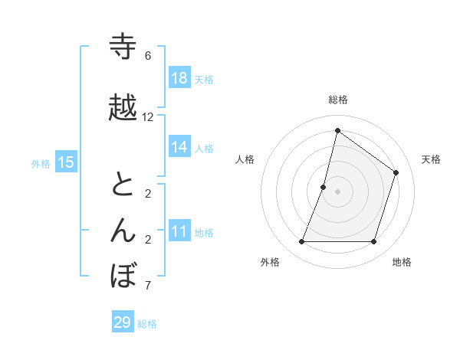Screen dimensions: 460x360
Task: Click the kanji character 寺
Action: pyautogui.click(x=123, y=47)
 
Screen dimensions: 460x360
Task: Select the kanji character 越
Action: pyautogui.click(x=123, y=108)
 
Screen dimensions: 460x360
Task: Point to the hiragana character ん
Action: pyautogui.click(x=123, y=231)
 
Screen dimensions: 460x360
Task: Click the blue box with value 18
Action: pyautogui.click(x=179, y=78)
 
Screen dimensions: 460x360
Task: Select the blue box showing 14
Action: pyautogui.click(x=179, y=147)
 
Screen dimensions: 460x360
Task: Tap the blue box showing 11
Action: pyautogui.click(x=179, y=231)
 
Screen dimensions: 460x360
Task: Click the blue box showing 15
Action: pyautogui.click(x=66, y=162)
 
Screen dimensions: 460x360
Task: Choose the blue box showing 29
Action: pyautogui.click(x=123, y=322)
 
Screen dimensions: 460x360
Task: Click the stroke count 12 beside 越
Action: pyautogui.click(x=148, y=117)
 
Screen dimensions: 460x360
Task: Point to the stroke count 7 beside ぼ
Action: pyautogui.click(x=148, y=286)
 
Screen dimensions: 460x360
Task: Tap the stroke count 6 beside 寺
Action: pyautogui.click(x=148, y=56)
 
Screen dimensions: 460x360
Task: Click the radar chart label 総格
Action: pyautogui.click(x=338, y=100)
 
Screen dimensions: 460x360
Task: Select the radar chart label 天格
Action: pyautogui.click(x=431, y=159)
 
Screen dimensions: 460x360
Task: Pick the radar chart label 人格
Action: pyautogui.click(x=245, y=159)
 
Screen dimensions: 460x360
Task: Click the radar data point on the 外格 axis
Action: pyautogui.click(x=301, y=242)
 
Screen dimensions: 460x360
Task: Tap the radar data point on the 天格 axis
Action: pyautogui.click(x=396, y=172)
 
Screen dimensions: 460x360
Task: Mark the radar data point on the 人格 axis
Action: pyautogui.click(x=324, y=187)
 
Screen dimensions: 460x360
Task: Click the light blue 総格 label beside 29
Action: pyautogui.click(x=148, y=324)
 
